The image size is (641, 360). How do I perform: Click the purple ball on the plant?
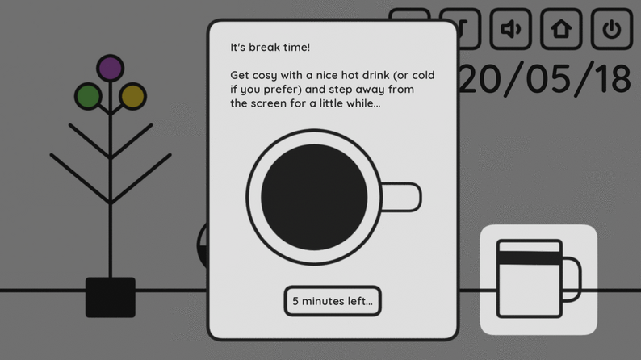(x=111, y=68)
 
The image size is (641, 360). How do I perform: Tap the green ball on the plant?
(x=88, y=96)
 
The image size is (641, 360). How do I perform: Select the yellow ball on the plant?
(x=133, y=96)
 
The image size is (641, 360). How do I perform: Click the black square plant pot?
(x=111, y=298)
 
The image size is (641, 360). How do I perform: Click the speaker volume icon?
(x=511, y=29)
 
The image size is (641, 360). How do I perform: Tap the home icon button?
(x=561, y=29)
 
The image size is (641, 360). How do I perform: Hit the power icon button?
(x=612, y=29)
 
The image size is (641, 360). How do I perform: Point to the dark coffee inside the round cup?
(x=314, y=198)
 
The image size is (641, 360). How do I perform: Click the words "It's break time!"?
(x=270, y=48)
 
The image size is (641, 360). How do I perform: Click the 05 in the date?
(x=549, y=79)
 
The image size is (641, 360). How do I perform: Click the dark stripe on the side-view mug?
(x=530, y=258)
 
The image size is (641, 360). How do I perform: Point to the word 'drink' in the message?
(x=374, y=75)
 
